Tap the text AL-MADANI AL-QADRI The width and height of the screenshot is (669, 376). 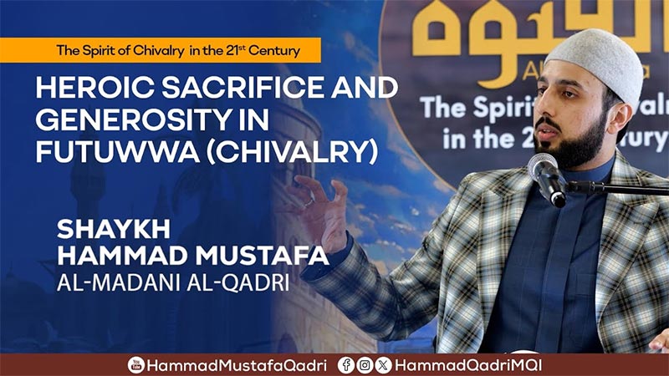click(x=172, y=282)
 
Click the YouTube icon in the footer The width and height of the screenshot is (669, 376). click(x=135, y=365)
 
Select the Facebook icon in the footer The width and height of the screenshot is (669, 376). click(x=345, y=365)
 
